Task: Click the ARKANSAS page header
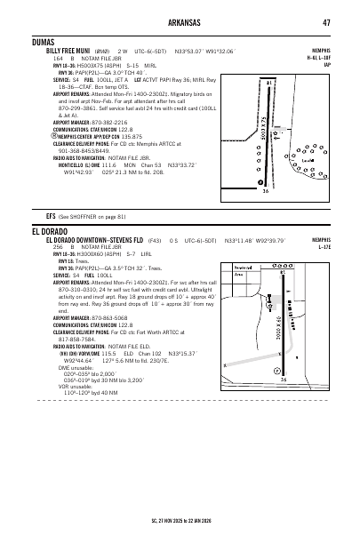180,21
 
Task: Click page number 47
326,21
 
